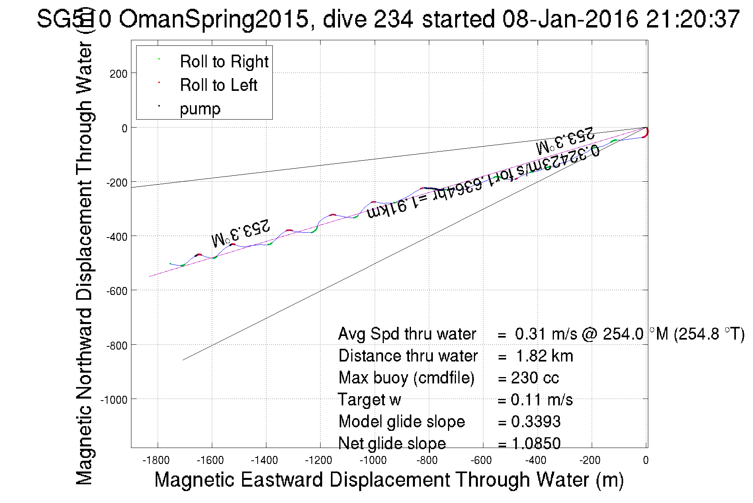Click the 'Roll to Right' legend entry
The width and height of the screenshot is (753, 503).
tap(224, 62)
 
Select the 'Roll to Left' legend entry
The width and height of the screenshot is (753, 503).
tap(218, 85)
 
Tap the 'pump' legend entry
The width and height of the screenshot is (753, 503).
tap(200, 109)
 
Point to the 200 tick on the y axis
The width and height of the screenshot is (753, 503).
tap(119, 74)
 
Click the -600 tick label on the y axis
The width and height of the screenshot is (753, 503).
tap(117, 291)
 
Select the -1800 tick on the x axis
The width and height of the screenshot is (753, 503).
tap(156, 460)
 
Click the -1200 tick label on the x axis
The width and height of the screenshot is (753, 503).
tap(319, 460)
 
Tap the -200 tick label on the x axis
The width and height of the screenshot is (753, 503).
tap(590, 460)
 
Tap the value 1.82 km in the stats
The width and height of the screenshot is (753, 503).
tap(544, 356)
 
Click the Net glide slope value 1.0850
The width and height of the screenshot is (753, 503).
tap(536, 443)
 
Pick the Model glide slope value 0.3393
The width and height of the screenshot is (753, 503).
tap(536, 422)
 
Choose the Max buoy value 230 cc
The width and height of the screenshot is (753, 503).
tap(535, 378)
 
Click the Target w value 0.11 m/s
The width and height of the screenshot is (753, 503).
tap(542, 400)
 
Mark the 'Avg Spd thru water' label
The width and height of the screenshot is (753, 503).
tap(407, 334)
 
